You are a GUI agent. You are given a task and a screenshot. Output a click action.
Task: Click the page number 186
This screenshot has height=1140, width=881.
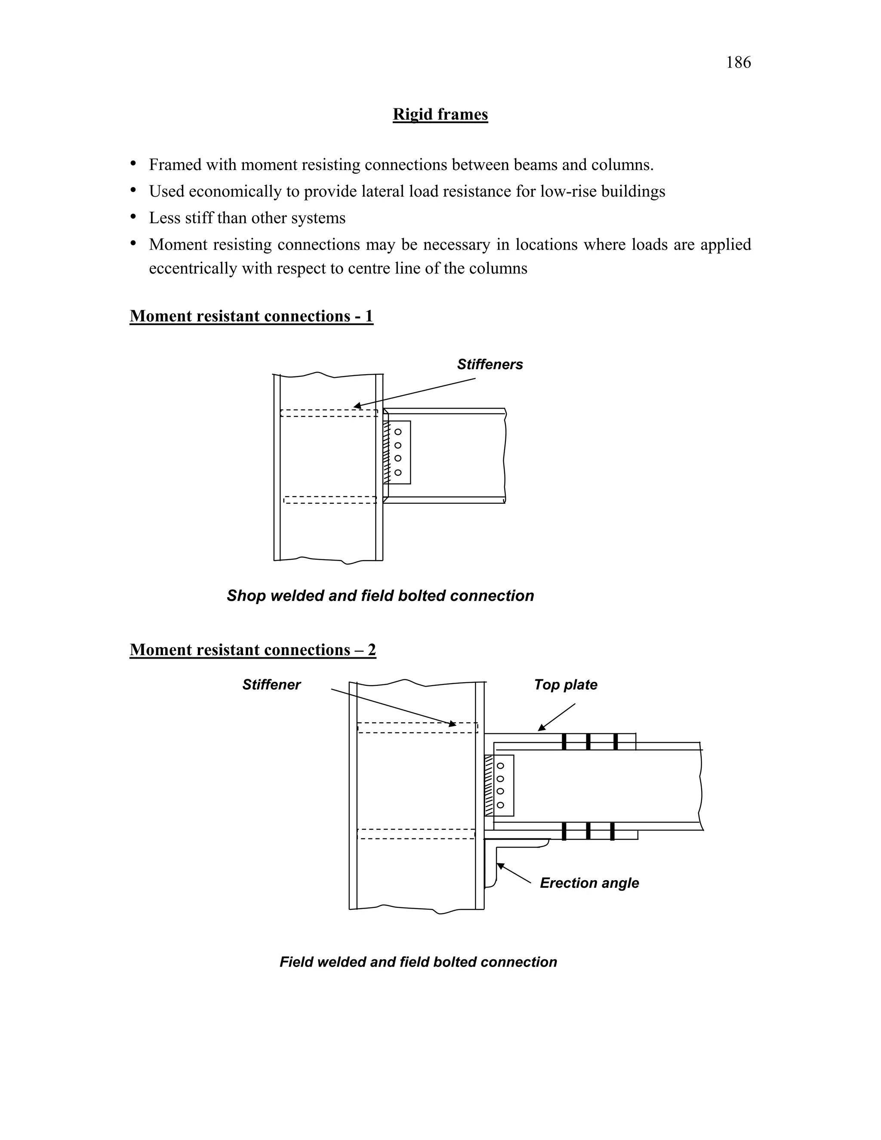(738, 63)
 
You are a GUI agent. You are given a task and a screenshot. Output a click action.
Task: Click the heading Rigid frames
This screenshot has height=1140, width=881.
(440, 114)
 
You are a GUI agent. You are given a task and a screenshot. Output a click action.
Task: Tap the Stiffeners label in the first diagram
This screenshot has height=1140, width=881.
(490, 364)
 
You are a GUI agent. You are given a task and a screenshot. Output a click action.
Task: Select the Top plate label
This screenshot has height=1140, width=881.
(565, 685)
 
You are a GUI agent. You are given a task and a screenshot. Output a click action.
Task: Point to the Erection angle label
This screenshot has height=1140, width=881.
(589, 883)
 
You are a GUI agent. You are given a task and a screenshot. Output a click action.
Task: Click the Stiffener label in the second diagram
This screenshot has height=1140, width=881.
(271, 685)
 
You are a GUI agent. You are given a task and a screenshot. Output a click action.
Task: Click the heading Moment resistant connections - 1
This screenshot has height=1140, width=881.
(251, 316)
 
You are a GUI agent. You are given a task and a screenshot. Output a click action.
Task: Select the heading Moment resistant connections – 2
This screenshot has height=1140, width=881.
(253, 650)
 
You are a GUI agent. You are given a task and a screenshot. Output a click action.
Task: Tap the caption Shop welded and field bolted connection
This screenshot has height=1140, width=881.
(380, 595)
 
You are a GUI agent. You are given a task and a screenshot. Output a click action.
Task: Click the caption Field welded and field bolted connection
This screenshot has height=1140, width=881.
(418, 962)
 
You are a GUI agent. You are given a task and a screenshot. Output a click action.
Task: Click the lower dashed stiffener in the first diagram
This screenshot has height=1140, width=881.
(330, 499)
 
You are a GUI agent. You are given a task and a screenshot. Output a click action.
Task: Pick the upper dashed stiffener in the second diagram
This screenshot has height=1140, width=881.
(417, 727)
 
